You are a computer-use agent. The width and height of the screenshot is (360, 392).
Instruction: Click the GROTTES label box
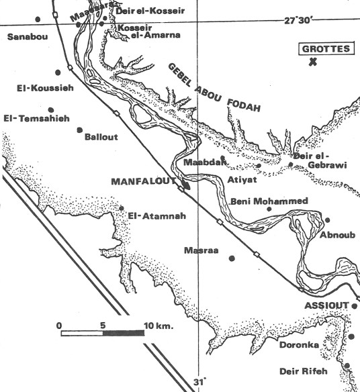pos(325,49)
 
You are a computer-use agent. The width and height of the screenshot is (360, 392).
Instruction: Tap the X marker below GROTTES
pos(313,63)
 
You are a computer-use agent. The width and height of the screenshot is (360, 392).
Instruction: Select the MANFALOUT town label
pos(141,182)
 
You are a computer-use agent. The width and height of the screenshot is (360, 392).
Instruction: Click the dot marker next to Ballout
pos(80,130)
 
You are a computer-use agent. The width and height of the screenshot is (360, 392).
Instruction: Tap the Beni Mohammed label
pos(269,201)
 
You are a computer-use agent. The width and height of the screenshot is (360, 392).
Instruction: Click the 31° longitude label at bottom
pos(199,383)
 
